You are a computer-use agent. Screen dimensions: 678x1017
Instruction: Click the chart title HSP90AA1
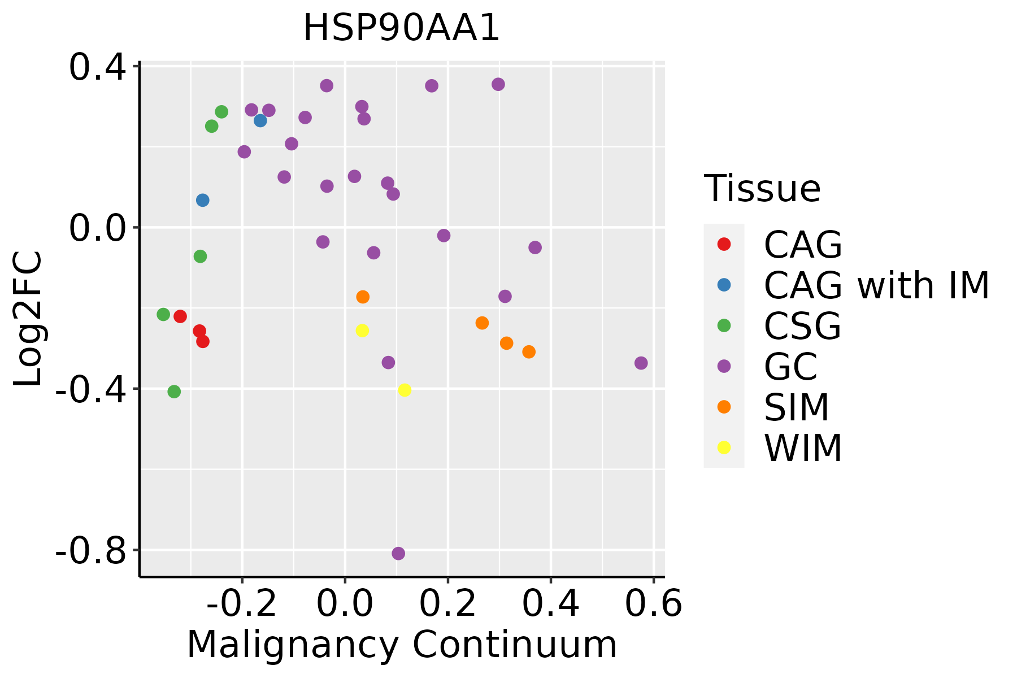click(x=401, y=28)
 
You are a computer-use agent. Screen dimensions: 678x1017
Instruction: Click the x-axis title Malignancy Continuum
click(x=401, y=645)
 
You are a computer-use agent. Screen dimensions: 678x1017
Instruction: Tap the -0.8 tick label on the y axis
click(x=90, y=550)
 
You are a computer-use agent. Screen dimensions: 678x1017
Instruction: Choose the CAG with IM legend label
click(x=876, y=285)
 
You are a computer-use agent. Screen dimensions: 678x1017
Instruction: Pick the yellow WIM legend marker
click(x=724, y=447)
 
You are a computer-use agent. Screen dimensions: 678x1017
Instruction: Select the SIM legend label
click(x=796, y=407)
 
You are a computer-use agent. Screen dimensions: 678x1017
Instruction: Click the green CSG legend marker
click(x=724, y=325)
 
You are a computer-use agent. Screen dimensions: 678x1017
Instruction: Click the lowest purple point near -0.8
click(x=398, y=554)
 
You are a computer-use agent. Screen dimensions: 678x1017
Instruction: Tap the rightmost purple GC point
click(x=641, y=363)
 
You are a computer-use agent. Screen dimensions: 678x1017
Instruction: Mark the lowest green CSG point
click(x=174, y=392)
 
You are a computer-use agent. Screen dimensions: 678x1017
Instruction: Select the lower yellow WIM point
click(x=405, y=390)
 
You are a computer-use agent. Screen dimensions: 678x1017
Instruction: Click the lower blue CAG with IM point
click(x=202, y=200)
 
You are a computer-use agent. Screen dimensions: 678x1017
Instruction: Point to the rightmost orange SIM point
click(x=529, y=352)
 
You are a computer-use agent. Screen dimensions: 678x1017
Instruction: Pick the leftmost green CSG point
click(x=163, y=314)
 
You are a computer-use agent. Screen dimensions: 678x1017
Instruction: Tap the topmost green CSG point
click(x=221, y=112)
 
